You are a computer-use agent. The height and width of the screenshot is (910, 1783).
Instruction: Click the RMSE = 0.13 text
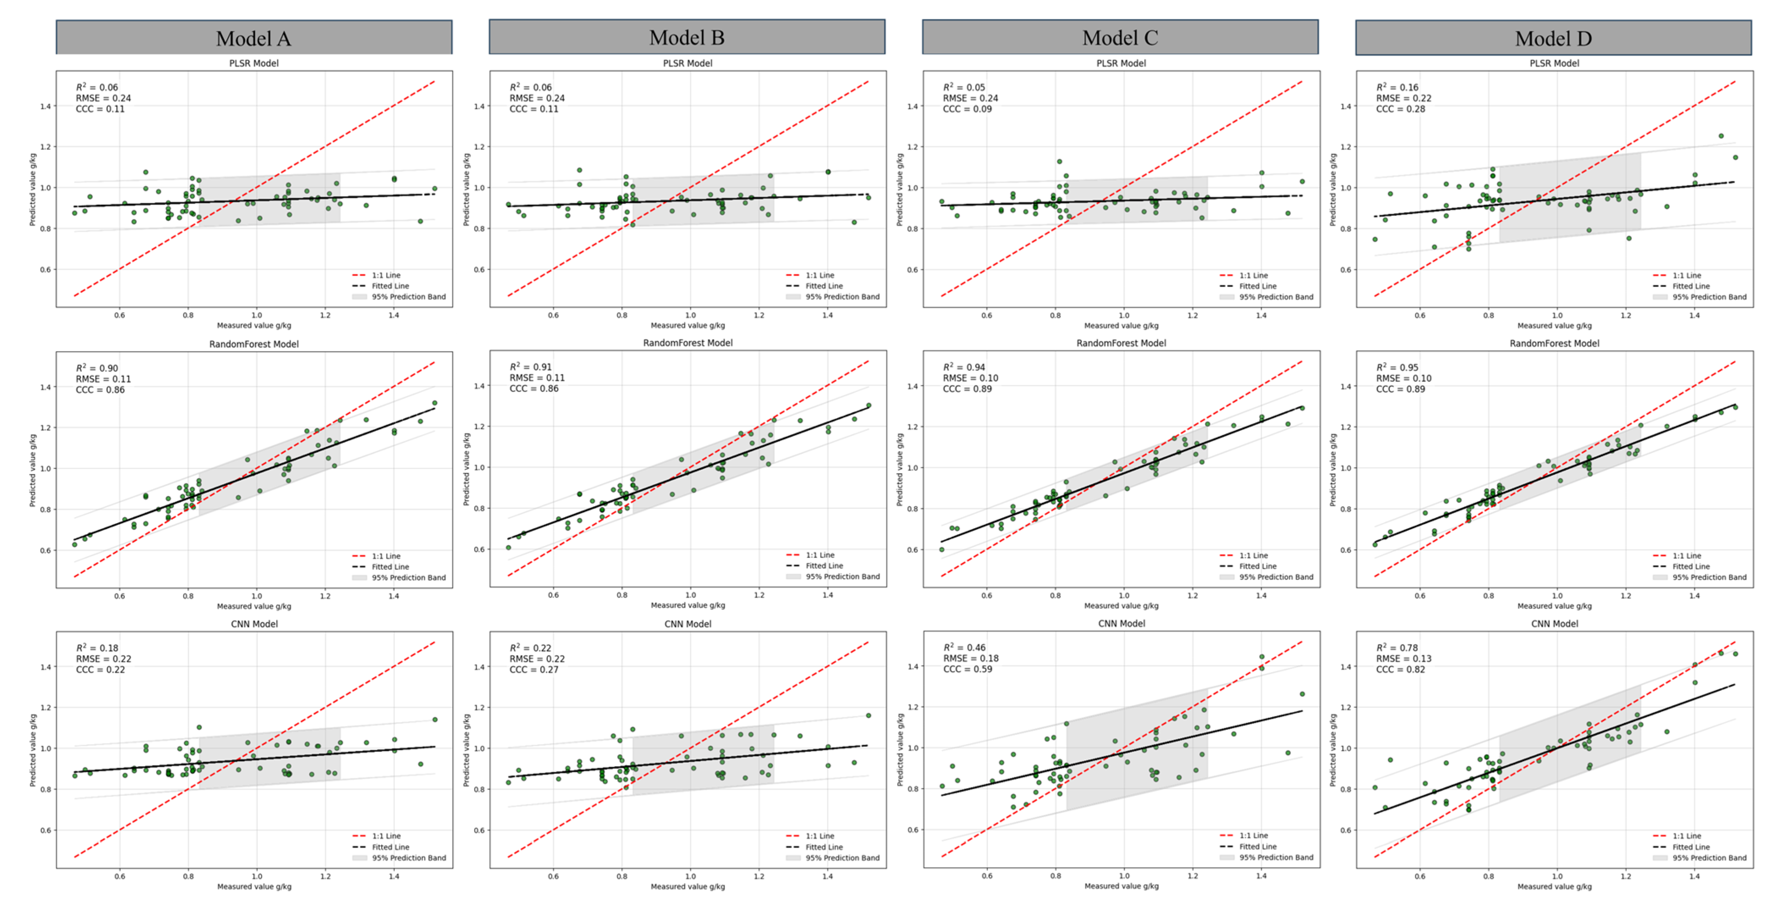pyautogui.click(x=1403, y=659)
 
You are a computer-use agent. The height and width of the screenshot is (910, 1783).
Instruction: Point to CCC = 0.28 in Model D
pyautogui.click(x=1400, y=109)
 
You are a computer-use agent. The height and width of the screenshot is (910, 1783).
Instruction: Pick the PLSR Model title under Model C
pyautogui.click(x=1121, y=63)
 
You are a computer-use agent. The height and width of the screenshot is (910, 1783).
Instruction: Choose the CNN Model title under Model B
pyautogui.click(x=687, y=624)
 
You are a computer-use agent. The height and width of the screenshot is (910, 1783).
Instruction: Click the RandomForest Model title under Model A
pyautogui.click(x=254, y=344)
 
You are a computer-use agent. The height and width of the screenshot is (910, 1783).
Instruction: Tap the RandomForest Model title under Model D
pyautogui.click(x=1554, y=344)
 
